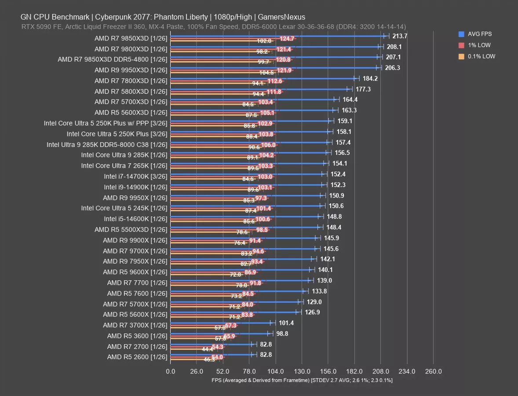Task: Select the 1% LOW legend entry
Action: point(477,45)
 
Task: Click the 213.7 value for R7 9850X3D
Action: point(399,36)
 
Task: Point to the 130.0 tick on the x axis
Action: point(302,371)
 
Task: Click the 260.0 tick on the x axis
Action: point(433,371)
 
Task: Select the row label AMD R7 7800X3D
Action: point(131,81)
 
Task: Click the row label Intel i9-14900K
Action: point(135,187)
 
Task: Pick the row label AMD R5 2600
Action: point(137,357)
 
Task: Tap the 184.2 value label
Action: point(370,79)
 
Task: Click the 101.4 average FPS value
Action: point(286,323)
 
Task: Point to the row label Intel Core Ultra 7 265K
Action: point(124,166)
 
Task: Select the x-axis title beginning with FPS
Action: point(302,380)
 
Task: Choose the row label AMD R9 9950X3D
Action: point(131,70)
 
